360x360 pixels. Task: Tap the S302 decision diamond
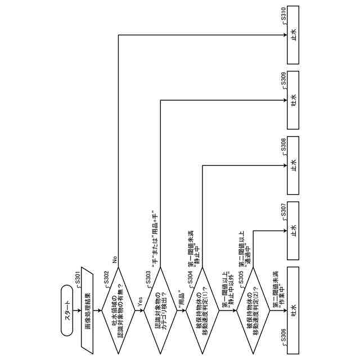pos(118,309)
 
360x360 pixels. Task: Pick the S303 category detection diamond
pos(161,309)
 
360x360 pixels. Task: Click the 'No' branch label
pos(114,260)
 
